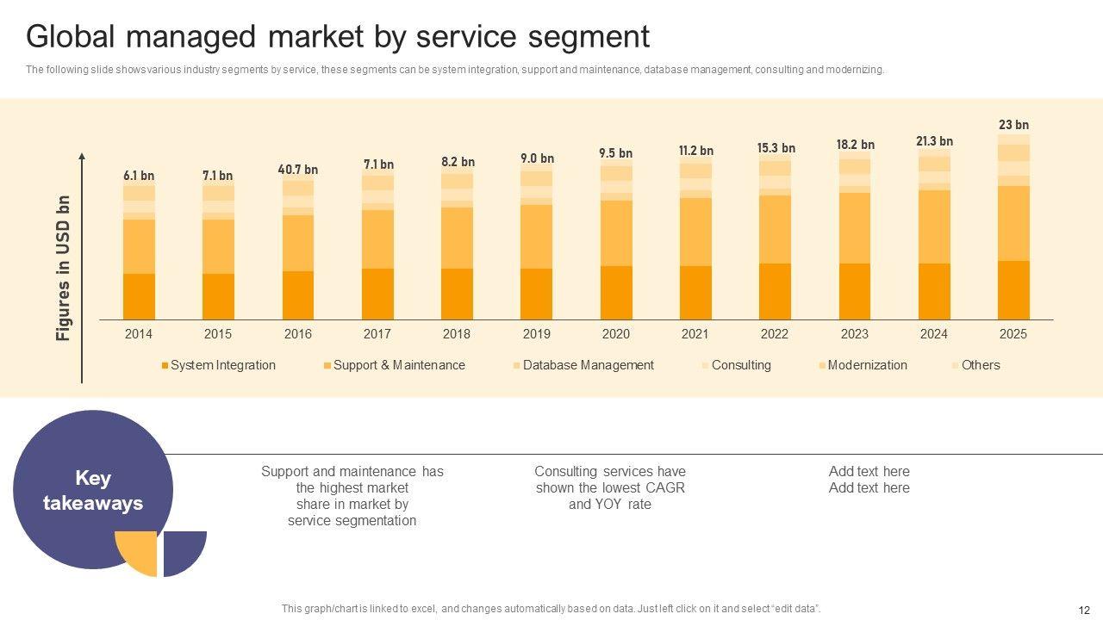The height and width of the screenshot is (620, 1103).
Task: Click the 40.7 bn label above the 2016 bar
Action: pos(297,170)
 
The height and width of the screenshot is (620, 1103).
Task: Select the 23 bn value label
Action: pos(1013,126)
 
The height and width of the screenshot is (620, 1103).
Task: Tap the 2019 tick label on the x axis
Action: pos(536,334)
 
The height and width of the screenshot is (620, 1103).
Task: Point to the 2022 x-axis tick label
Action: pos(774,334)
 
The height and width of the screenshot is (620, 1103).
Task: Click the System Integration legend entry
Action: pos(222,365)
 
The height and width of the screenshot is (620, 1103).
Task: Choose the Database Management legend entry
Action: pos(588,365)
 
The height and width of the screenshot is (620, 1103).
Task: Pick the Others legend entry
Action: pos(980,365)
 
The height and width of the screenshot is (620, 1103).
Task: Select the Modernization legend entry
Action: pos(867,365)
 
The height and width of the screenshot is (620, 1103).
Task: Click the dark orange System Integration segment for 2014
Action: pos(139,296)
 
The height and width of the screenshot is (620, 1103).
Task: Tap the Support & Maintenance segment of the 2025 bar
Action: pos(1013,223)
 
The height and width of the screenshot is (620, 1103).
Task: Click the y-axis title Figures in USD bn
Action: pos(64,268)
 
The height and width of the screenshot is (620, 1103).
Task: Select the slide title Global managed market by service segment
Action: pos(338,37)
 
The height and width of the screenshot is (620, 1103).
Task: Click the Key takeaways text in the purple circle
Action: pos(93,491)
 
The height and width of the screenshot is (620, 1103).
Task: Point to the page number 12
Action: pos(1084,610)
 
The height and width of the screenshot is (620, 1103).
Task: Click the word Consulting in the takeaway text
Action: pos(564,472)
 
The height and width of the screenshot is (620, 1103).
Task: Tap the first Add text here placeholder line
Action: pos(869,472)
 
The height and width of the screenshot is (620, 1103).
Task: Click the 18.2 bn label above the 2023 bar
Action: pos(855,145)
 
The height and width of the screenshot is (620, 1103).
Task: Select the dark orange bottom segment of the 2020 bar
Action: pos(616,293)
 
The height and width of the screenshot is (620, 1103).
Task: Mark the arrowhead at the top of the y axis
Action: pos(82,157)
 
